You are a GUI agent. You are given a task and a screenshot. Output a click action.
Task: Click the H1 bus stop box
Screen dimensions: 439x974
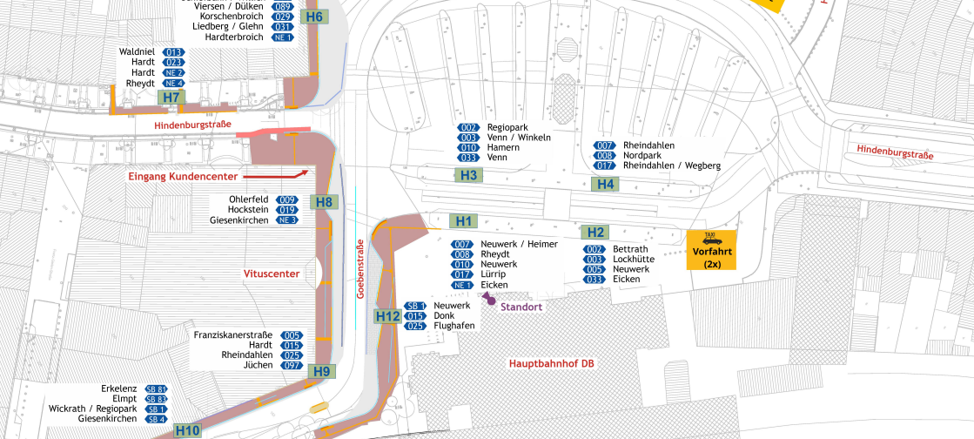click(463, 221)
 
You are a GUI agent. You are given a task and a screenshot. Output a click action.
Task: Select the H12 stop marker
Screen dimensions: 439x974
click(387, 315)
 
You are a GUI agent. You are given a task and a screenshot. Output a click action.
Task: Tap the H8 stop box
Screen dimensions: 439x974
click(324, 202)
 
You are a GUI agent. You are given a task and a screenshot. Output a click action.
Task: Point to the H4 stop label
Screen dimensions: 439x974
click(605, 184)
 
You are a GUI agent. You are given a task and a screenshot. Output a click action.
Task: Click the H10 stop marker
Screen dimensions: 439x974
click(187, 430)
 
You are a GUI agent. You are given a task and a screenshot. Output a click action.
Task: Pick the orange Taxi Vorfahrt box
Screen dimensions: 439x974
click(712, 250)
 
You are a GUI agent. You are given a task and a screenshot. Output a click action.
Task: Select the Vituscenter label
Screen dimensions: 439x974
click(272, 274)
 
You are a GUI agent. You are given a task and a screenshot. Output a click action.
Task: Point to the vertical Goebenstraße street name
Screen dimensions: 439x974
click(359, 270)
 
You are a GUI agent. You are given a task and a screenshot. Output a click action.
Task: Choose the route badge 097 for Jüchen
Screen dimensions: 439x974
click(291, 366)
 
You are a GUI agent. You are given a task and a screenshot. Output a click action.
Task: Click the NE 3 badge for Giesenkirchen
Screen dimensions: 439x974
click(288, 220)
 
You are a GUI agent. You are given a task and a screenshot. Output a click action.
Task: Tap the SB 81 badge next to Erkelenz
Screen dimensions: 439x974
click(157, 388)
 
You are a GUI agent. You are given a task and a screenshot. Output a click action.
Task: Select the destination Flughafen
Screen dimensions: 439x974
click(454, 326)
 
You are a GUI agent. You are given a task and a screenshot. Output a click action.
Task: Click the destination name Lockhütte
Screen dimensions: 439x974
click(634, 260)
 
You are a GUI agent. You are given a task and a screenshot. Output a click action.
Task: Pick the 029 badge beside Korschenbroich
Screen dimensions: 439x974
click(282, 17)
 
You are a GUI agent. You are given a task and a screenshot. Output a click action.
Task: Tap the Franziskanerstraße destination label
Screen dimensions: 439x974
click(232, 335)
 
